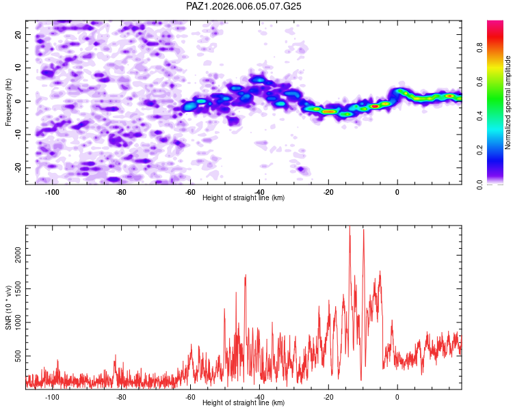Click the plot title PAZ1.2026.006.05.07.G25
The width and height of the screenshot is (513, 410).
pyautogui.click(x=244, y=6)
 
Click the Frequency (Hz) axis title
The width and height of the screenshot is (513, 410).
pyautogui.click(x=8, y=102)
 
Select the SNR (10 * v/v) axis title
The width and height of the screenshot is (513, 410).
pyautogui.click(x=8, y=307)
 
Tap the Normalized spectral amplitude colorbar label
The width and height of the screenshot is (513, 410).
pyautogui.click(x=508, y=102)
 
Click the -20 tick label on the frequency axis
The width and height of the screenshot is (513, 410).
pyautogui.click(x=18, y=167)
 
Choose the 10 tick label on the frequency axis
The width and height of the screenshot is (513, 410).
pyautogui.click(x=18, y=68)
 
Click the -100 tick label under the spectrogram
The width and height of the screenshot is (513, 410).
pyautogui.click(x=52, y=192)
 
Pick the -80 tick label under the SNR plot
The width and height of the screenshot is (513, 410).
pyautogui.click(x=121, y=397)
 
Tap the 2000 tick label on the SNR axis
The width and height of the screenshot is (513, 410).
pyautogui.click(x=18, y=255)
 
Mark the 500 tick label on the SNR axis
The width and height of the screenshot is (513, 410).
pyautogui.click(x=18, y=356)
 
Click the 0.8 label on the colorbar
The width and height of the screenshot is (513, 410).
pyautogui.click(x=479, y=47)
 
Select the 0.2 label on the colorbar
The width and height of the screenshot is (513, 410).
pyautogui.click(x=479, y=150)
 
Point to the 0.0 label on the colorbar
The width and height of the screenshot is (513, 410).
pyautogui.click(x=479, y=184)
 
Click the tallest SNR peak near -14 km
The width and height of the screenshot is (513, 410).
pyautogui.click(x=350, y=226)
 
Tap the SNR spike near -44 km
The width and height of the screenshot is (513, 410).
pyautogui.click(x=246, y=275)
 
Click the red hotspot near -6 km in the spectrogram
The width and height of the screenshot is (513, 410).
pyautogui.click(x=376, y=107)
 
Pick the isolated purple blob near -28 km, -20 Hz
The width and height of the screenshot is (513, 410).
pyautogui.click(x=302, y=169)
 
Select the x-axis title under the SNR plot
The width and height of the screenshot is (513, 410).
pyautogui.click(x=244, y=402)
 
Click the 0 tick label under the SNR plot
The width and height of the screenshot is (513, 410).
pyautogui.click(x=397, y=397)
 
